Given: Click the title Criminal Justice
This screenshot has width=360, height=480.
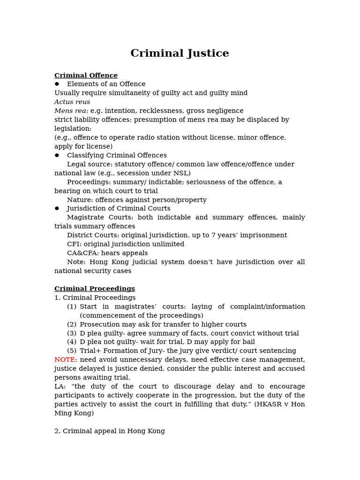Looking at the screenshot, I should [180, 53].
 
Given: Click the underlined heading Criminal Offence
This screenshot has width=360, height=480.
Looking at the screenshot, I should [86, 75].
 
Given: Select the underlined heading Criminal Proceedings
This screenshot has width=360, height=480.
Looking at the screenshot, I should [94, 289].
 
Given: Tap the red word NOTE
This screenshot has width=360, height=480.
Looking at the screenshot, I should [64, 360].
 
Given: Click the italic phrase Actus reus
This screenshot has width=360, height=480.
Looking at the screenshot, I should [72, 102].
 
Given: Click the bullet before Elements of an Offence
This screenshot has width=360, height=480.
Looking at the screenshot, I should [57, 84].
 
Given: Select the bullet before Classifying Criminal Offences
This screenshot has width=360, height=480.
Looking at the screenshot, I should [57, 155].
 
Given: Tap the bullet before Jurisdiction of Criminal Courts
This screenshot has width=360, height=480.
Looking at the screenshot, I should [57, 208].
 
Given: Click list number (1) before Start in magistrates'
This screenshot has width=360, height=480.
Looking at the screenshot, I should [71, 307].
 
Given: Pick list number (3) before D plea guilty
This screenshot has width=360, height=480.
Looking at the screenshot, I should [71, 333].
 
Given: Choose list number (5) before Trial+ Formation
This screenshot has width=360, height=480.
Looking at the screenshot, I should [71, 351].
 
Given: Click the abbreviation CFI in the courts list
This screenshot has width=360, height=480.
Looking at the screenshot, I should [73, 244].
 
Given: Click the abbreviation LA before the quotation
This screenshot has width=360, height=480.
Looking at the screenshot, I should [60, 387].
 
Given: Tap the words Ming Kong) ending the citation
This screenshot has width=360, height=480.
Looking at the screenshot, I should [74, 413].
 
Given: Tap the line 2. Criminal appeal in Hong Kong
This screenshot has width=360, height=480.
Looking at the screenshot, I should [109, 431].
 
